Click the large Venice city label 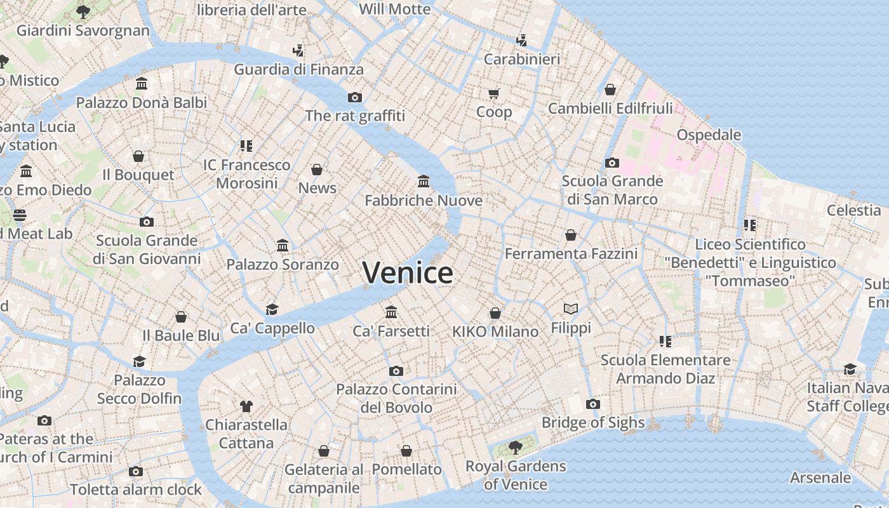(408, 273)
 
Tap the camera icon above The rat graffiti (355, 97)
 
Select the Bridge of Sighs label (592, 422)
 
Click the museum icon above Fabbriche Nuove (424, 182)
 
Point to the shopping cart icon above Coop (493, 94)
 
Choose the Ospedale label (709, 135)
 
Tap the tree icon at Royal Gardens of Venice (515, 448)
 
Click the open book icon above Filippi (571, 309)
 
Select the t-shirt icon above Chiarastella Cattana (246, 406)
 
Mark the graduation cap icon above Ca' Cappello (272, 309)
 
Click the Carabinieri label (521, 59)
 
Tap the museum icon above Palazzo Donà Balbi (142, 84)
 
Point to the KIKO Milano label (495, 331)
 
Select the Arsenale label (820, 478)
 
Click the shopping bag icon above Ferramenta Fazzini (570, 236)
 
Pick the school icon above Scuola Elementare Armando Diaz (665, 342)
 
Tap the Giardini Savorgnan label (83, 30)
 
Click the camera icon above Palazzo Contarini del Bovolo (396, 371)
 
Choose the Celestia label (853, 210)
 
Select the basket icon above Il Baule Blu (181, 317)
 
